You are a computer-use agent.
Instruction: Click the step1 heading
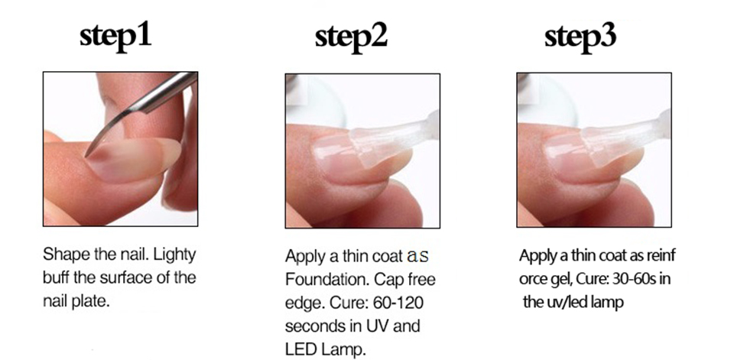[x=115, y=36]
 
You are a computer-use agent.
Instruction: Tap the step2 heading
[x=351, y=36]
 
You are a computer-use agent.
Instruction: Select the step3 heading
[x=580, y=36]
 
